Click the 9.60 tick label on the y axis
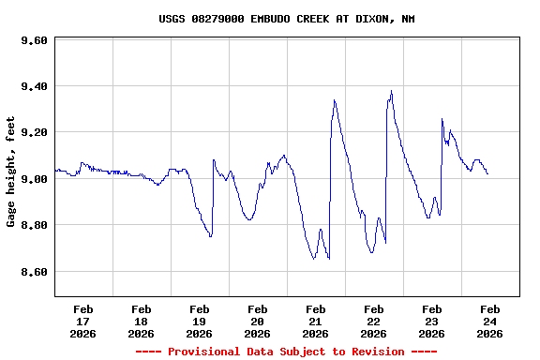(34, 41)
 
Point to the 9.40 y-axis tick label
(34, 87)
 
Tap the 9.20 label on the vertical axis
(34, 133)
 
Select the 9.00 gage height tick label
(34, 179)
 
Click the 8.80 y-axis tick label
(34, 226)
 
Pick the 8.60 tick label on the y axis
(34, 272)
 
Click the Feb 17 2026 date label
(82, 321)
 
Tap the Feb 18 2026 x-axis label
(141, 321)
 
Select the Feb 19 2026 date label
(199, 321)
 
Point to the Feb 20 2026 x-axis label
(257, 321)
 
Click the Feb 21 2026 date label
(315, 321)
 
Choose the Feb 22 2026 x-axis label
(373, 321)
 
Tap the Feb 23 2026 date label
(431, 321)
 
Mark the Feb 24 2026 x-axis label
(489, 321)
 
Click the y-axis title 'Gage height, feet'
(11, 172)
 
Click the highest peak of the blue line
(391, 91)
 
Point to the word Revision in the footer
(375, 352)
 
